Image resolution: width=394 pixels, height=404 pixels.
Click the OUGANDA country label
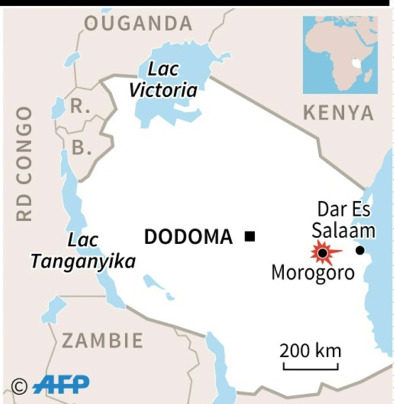click(x=138, y=24)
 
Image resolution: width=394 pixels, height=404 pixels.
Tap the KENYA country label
click(x=338, y=113)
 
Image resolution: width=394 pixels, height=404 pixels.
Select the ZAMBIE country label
click(x=102, y=340)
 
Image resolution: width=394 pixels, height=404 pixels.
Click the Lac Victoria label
click(x=163, y=79)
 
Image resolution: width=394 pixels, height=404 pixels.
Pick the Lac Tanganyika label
click(x=83, y=251)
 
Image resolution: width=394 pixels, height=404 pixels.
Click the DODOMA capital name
click(x=188, y=237)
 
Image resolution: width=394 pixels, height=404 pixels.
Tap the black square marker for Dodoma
click(x=249, y=237)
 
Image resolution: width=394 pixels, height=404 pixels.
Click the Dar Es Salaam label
click(x=343, y=220)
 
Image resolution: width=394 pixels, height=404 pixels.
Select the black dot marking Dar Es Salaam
click(x=360, y=250)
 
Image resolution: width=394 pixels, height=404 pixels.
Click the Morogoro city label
click(x=313, y=272)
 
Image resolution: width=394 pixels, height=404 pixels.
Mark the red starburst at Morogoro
click(x=322, y=253)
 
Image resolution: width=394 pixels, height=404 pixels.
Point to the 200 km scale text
click(x=310, y=349)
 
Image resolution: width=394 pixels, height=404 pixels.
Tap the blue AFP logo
click(x=61, y=384)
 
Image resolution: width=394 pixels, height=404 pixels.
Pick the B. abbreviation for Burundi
click(x=81, y=148)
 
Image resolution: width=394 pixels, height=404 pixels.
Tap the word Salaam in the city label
click(x=343, y=230)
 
